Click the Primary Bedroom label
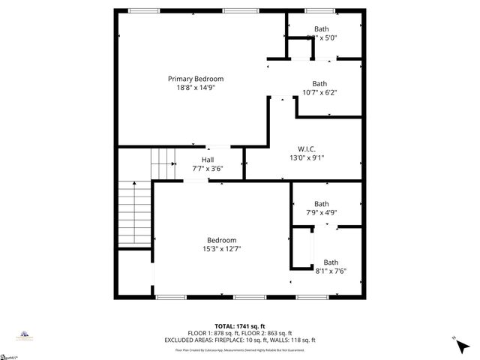click(x=195, y=79)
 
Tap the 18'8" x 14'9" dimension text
click(x=195, y=88)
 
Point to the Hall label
click(x=208, y=160)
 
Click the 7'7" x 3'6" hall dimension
click(x=208, y=169)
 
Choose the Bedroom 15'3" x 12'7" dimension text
click(x=221, y=249)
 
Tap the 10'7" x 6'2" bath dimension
click(x=320, y=93)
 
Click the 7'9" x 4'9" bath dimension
click(x=321, y=213)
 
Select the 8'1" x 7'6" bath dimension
click(x=330, y=271)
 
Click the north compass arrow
click(x=457, y=342)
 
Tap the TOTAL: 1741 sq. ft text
click(x=240, y=325)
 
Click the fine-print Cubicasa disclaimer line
click(x=240, y=349)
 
